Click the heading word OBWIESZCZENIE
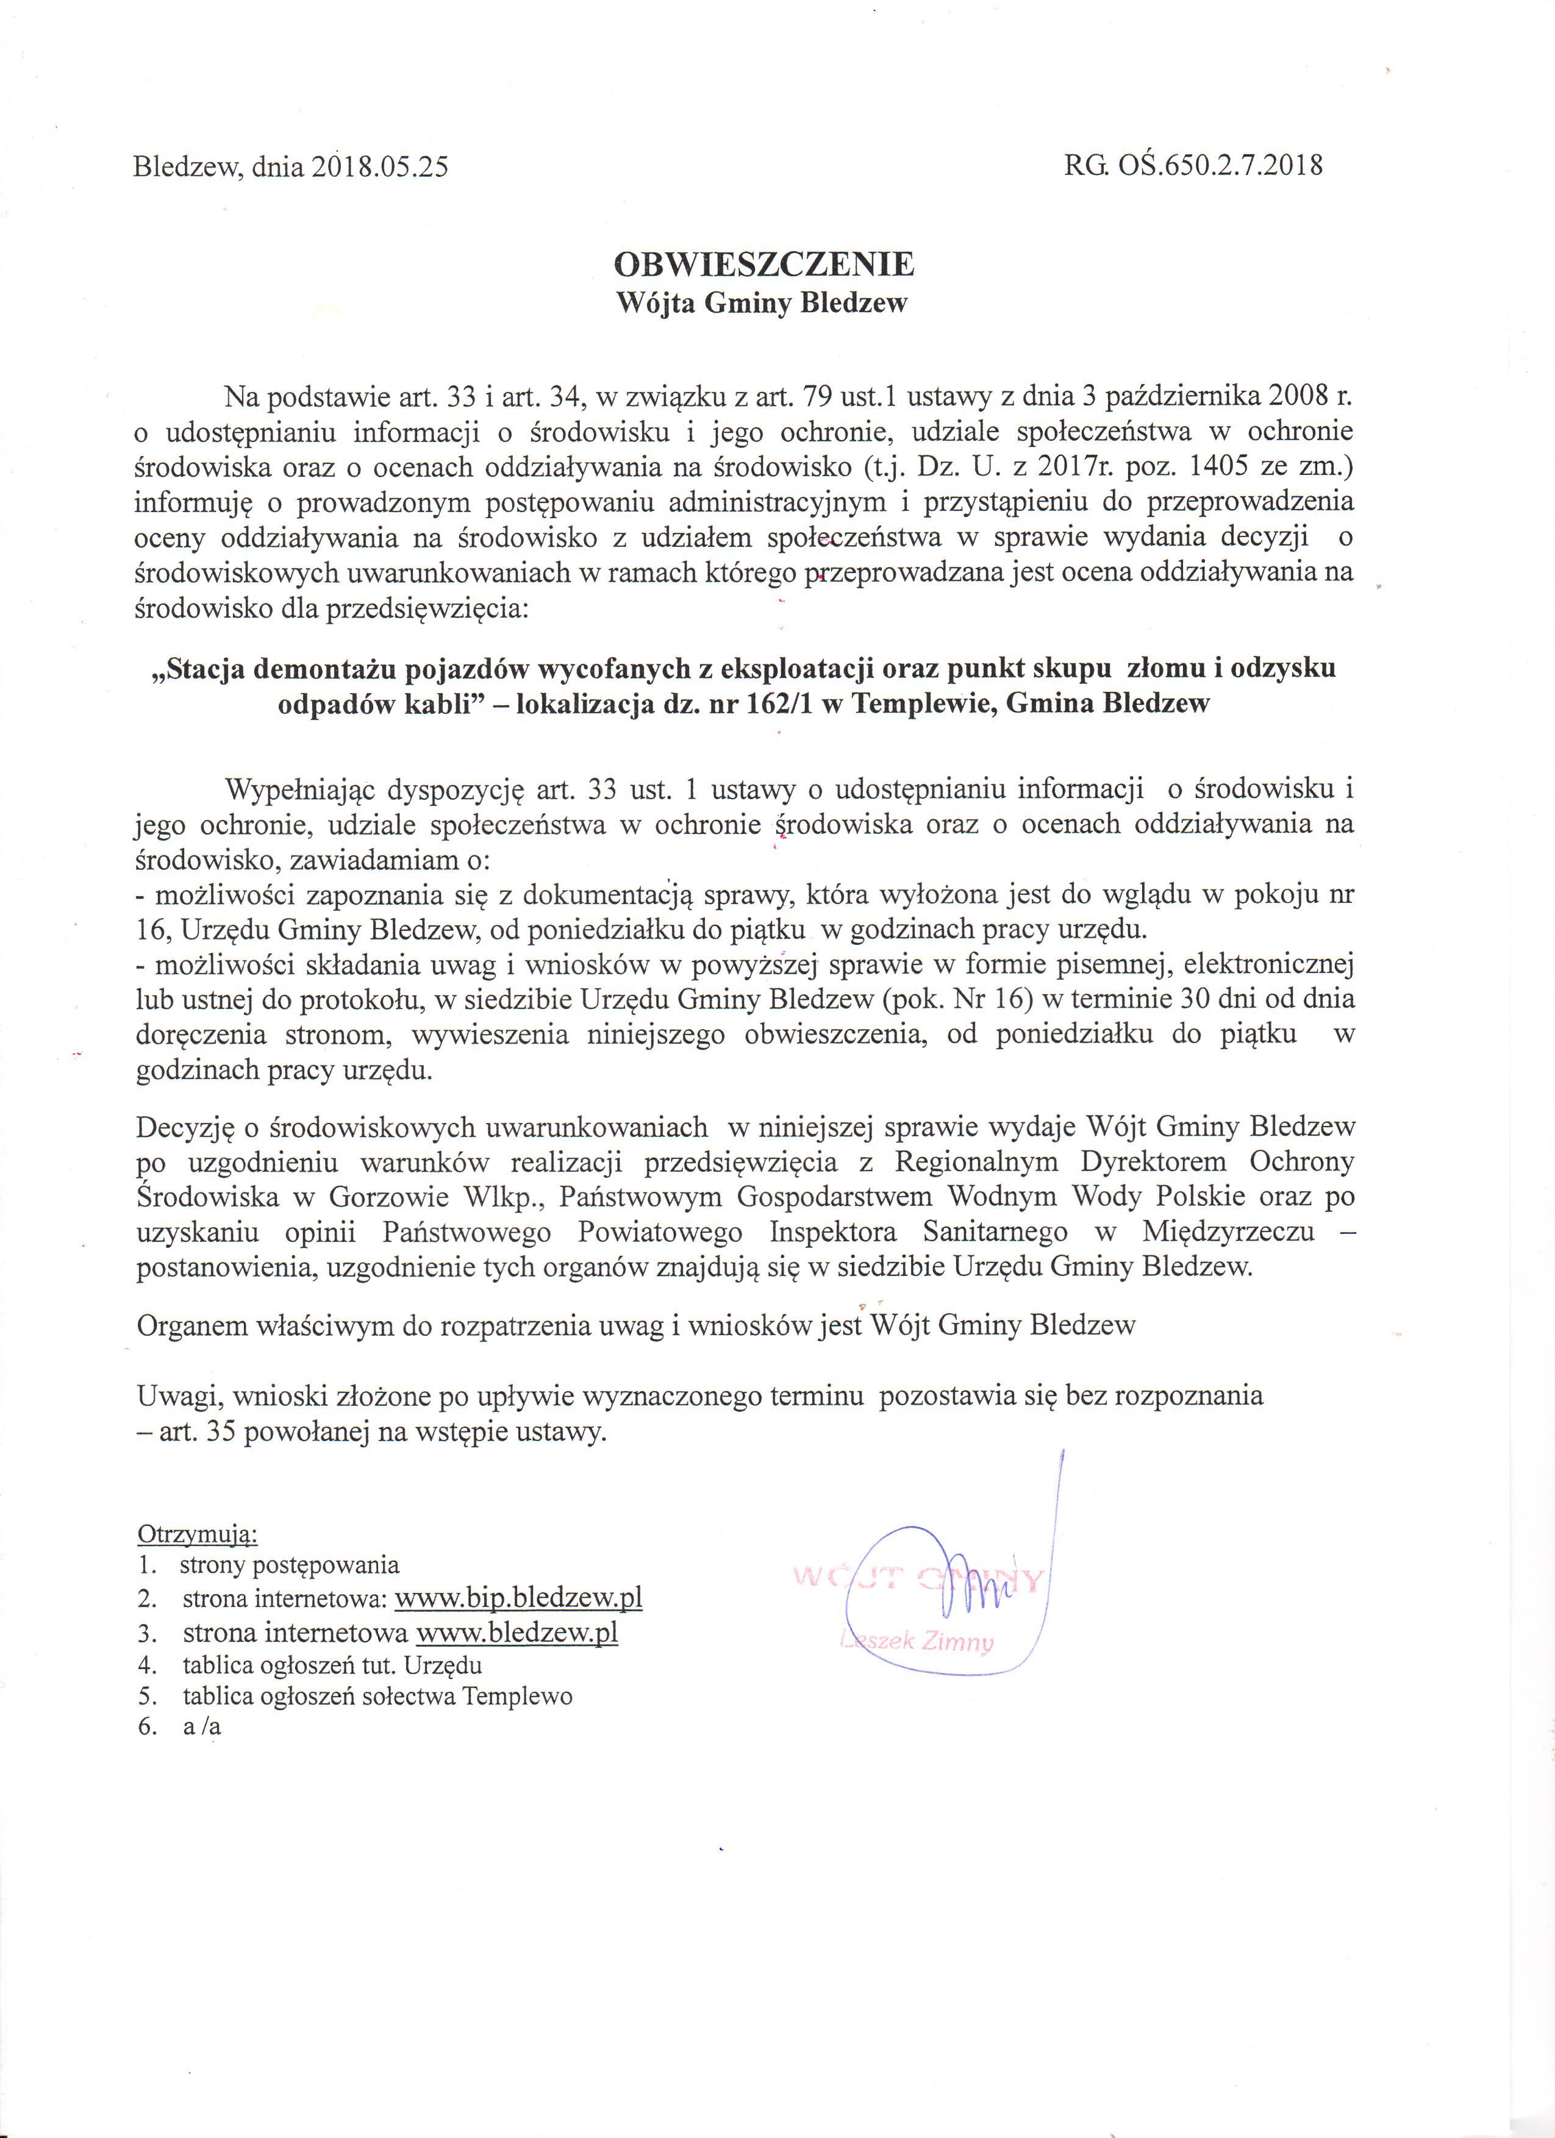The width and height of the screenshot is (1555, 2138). point(764,264)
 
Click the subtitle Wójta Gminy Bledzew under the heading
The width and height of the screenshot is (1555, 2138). point(761,304)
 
